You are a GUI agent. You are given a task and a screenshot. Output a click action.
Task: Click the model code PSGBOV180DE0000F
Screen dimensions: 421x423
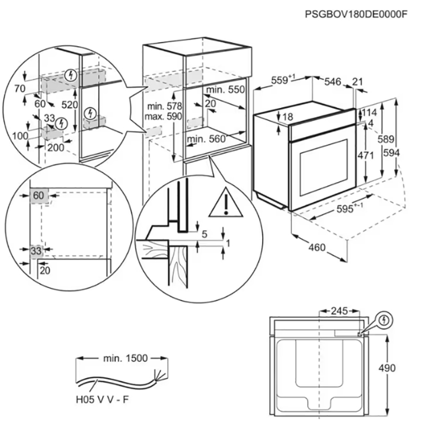(356, 13)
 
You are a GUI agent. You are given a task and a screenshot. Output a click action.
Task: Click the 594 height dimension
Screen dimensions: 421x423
(406, 153)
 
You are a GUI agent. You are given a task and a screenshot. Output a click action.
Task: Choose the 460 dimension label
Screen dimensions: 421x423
(317, 248)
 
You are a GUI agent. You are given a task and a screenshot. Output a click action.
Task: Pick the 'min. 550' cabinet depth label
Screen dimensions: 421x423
(226, 90)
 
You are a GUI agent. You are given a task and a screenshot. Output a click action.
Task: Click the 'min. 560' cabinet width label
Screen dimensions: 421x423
(206, 139)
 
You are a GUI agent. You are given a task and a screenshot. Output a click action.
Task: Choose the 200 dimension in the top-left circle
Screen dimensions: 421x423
(56, 147)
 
